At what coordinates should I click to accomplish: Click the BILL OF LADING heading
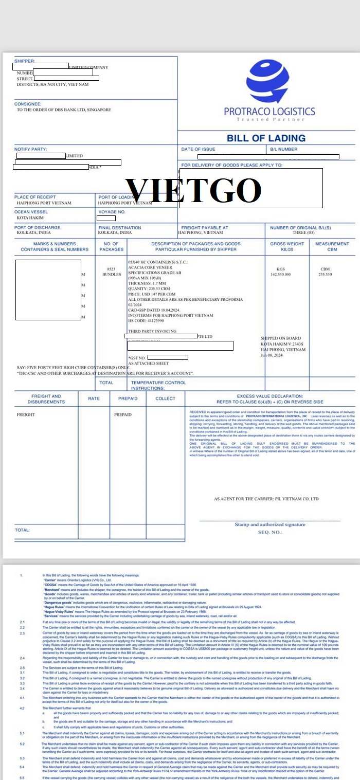pyautogui.click(x=266, y=138)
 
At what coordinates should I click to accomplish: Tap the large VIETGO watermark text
pyautogui.click(x=194, y=190)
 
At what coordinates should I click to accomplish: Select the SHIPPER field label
pyautogui.click(x=25, y=61)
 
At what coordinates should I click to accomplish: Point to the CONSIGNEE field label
pyautogui.click(x=28, y=104)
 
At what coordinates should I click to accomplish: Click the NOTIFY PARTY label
pyautogui.click(x=30, y=149)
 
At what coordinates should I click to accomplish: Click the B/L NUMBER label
pyautogui.click(x=284, y=149)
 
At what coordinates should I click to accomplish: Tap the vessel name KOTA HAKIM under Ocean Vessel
pyautogui.click(x=30, y=218)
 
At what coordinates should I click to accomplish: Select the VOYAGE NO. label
pyautogui.click(x=112, y=212)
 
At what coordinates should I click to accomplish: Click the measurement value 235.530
pyautogui.click(x=325, y=275)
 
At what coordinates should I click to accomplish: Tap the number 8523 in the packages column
pyautogui.click(x=111, y=269)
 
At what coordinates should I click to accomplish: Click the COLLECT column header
pyautogui.click(x=166, y=398)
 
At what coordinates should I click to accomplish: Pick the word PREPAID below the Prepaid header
pyautogui.click(x=123, y=414)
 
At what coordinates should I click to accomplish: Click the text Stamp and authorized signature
pyautogui.click(x=270, y=524)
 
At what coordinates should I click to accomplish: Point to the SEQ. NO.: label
pyautogui.click(x=270, y=532)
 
